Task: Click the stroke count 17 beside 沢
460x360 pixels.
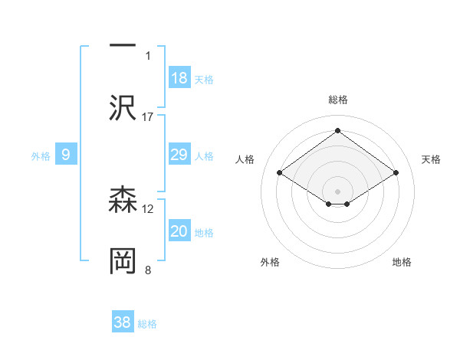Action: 148,116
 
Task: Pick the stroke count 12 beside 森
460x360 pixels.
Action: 148,208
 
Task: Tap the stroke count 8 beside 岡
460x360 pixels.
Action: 148,270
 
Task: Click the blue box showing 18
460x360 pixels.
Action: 179,77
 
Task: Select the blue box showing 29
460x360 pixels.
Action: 179,155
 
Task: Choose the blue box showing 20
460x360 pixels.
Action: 179,231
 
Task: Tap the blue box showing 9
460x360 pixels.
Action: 66,155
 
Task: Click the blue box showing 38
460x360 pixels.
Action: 123,322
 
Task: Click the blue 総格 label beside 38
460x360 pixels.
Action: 147,324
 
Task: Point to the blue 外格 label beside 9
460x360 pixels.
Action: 41,156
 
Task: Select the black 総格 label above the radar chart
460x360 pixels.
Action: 338,100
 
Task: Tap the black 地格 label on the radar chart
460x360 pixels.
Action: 402,262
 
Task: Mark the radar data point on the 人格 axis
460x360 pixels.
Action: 280,173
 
